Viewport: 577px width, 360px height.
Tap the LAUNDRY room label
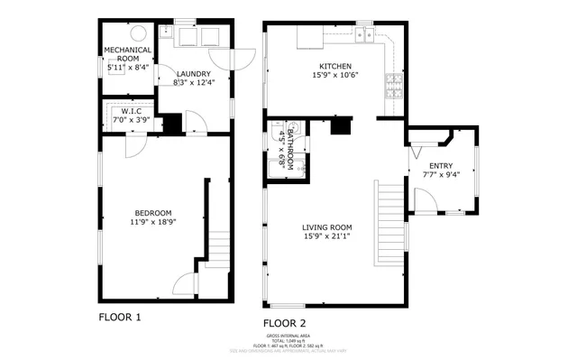point(194,74)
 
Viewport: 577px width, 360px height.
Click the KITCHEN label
point(334,66)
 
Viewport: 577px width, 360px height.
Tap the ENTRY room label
point(441,166)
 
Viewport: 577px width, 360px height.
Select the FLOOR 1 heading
point(119,317)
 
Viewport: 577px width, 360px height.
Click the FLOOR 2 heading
point(285,322)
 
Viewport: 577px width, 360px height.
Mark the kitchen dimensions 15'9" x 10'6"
point(334,76)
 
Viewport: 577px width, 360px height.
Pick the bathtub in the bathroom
point(274,165)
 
